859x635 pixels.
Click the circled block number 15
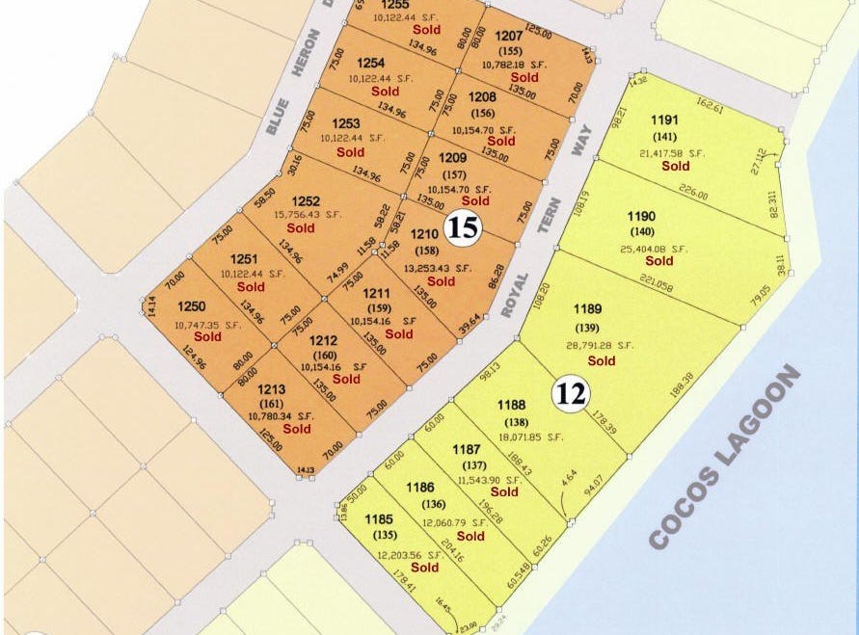click(462, 228)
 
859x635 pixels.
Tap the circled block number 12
click(570, 393)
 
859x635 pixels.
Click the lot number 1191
click(666, 120)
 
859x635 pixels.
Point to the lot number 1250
click(192, 305)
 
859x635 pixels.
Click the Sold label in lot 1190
click(659, 260)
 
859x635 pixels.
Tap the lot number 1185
click(379, 519)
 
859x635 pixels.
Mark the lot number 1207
click(509, 36)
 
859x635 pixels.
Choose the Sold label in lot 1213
click(297, 429)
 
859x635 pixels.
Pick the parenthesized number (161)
click(271, 403)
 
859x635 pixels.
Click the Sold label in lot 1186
click(470, 536)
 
